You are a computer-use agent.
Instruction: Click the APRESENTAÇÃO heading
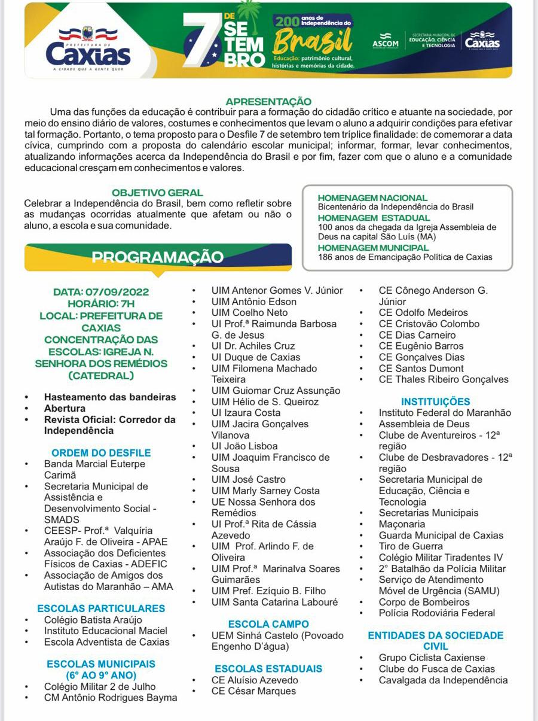(268, 102)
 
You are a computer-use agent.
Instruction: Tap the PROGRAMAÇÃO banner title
(157, 257)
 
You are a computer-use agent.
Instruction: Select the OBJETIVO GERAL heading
(158, 193)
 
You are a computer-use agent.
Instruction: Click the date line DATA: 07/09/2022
(101, 292)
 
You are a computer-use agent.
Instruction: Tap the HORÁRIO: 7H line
(101, 304)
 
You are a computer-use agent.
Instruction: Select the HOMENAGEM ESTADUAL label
(365, 218)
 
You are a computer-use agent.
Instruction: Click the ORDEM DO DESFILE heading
(101, 453)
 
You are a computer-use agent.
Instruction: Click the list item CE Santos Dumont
(421, 368)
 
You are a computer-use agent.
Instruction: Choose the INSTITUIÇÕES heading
(435, 401)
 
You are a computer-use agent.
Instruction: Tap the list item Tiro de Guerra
(411, 546)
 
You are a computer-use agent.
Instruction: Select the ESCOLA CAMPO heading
(268, 624)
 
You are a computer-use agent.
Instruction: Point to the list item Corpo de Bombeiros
(424, 602)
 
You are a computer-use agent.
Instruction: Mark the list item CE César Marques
(253, 691)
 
